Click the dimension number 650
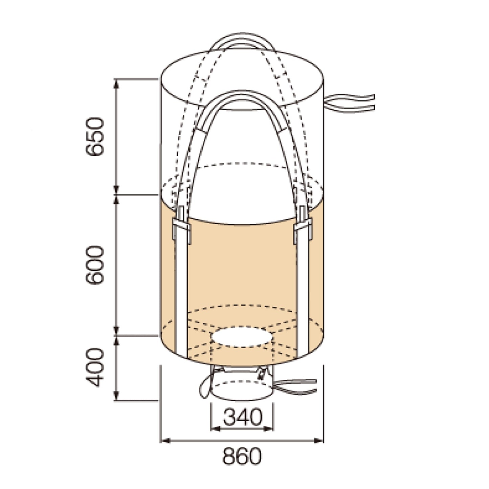pos(95,136)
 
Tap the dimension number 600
pos(95,265)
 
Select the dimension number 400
pos(95,367)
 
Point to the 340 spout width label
pos(242,417)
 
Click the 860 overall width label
pos(242,456)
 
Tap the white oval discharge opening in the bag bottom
pos(242,337)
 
